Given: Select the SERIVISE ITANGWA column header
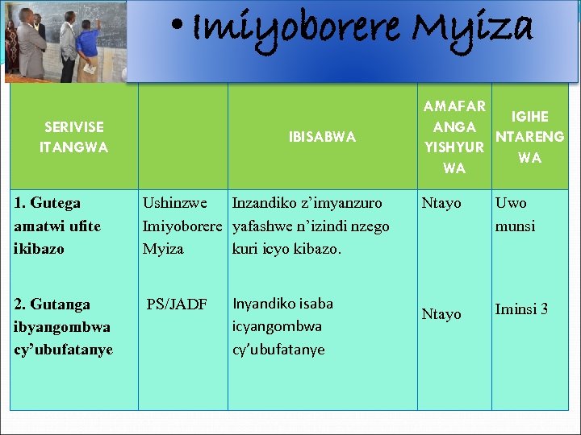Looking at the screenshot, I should (x=73, y=138).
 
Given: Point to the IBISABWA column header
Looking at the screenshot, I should (x=322, y=138).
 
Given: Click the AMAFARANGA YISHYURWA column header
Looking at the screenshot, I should (x=454, y=137).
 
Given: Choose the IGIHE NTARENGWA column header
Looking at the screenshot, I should (x=529, y=137).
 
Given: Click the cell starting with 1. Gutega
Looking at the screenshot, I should (x=58, y=226).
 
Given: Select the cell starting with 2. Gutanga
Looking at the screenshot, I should (x=63, y=326).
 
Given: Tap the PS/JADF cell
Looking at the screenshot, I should (x=177, y=304).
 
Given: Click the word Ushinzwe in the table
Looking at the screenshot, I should (x=174, y=203).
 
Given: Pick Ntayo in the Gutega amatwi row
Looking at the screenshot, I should (x=441, y=203).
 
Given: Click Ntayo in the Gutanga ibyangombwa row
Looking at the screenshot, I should (x=441, y=313).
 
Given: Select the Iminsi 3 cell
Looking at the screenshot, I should (x=521, y=309).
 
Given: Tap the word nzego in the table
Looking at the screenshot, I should (x=370, y=226).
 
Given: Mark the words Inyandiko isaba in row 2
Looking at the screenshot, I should (x=282, y=304).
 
